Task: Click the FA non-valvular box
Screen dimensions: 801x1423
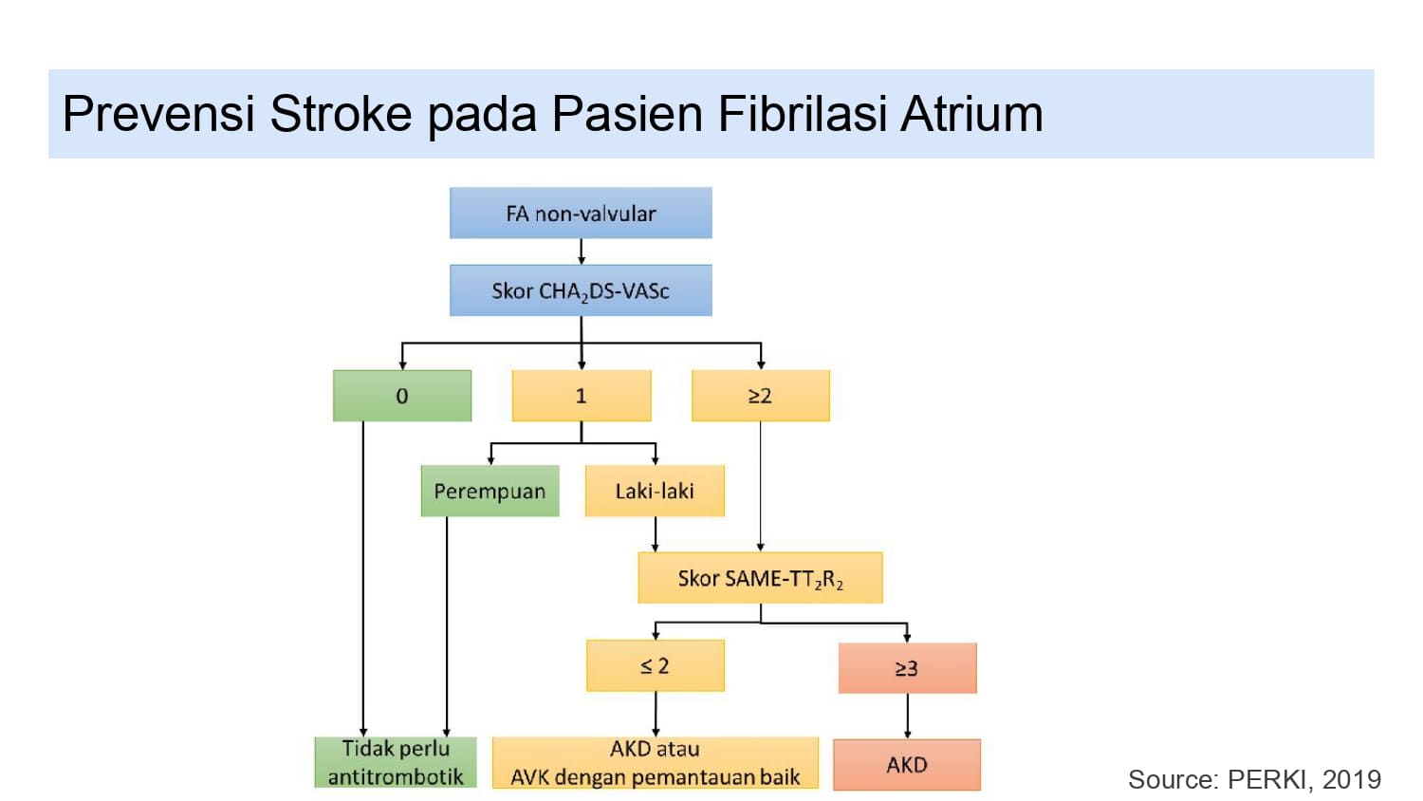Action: point(581,213)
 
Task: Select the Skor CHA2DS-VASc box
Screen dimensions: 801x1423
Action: point(581,290)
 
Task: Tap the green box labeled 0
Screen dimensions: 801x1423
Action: point(402,396)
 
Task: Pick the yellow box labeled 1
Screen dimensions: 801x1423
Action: point(582,396)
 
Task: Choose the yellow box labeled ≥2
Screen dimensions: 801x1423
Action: point(761,396)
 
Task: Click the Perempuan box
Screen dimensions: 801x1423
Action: point(490,491)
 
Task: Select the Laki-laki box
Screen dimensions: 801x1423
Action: point(655,491)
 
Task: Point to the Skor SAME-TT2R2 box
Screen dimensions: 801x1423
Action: point(760,578)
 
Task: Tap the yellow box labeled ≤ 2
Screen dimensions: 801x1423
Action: point(656,666)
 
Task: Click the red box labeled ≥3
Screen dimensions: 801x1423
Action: point(907,668)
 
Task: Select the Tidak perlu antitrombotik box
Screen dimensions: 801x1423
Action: point(396,762)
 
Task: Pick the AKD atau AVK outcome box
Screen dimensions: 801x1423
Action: point(656,762)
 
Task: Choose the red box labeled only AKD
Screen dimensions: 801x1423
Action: point(907,765)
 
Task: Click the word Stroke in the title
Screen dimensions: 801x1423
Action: point(341,114)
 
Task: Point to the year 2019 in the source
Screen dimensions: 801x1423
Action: point(1352,779)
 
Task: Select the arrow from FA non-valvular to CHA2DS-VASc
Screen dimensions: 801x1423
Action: point(582,251)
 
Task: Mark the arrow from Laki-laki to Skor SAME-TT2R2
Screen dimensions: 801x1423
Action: point(656,534)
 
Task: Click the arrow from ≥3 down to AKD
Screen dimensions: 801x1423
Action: point(908,716)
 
